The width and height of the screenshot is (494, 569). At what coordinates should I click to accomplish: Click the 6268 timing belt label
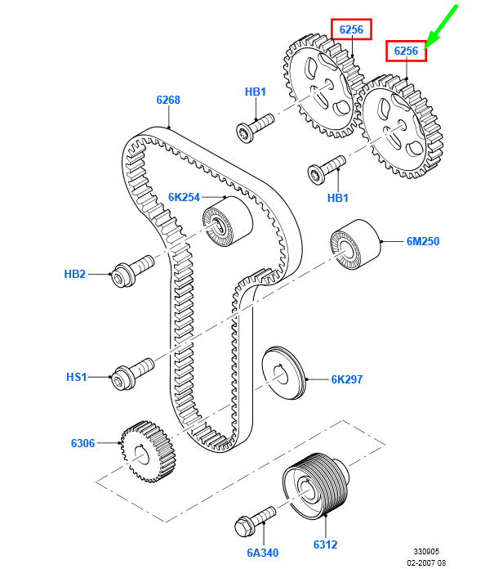coord(168,100)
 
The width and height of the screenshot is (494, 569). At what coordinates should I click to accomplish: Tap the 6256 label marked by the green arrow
coord(406,51)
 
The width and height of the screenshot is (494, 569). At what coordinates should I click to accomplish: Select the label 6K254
coord(184,197)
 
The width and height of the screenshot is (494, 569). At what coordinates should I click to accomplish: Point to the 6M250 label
coord(423,241)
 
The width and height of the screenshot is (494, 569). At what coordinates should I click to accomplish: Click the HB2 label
coord(75,274)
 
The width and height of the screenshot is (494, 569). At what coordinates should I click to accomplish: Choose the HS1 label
coord(77,377)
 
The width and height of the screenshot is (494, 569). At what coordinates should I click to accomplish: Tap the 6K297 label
coord(347,379)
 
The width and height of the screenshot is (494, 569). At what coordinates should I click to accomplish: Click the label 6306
coord(83,443)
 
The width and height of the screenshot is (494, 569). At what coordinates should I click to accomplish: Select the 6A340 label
coord(263,553)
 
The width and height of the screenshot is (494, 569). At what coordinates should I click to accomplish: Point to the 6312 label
coord(326,544)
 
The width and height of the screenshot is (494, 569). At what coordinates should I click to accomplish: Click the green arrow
coord(441,26)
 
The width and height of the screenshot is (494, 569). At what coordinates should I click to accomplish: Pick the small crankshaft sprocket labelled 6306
coord(149,451)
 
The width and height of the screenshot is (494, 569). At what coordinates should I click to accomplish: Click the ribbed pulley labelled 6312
coord(314,486)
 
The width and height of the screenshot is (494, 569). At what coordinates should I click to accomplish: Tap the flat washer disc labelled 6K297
coord(284,373)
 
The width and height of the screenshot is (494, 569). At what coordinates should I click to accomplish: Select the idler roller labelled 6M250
coord(355,244)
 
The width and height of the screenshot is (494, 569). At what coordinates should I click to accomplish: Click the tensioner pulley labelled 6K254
coord(227,222)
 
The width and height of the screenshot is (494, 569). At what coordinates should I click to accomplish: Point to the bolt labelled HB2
coord(132,271)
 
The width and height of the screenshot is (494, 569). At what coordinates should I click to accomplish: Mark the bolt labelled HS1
coord(132,374)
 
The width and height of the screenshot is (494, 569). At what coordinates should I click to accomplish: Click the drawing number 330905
coord(426,552)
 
